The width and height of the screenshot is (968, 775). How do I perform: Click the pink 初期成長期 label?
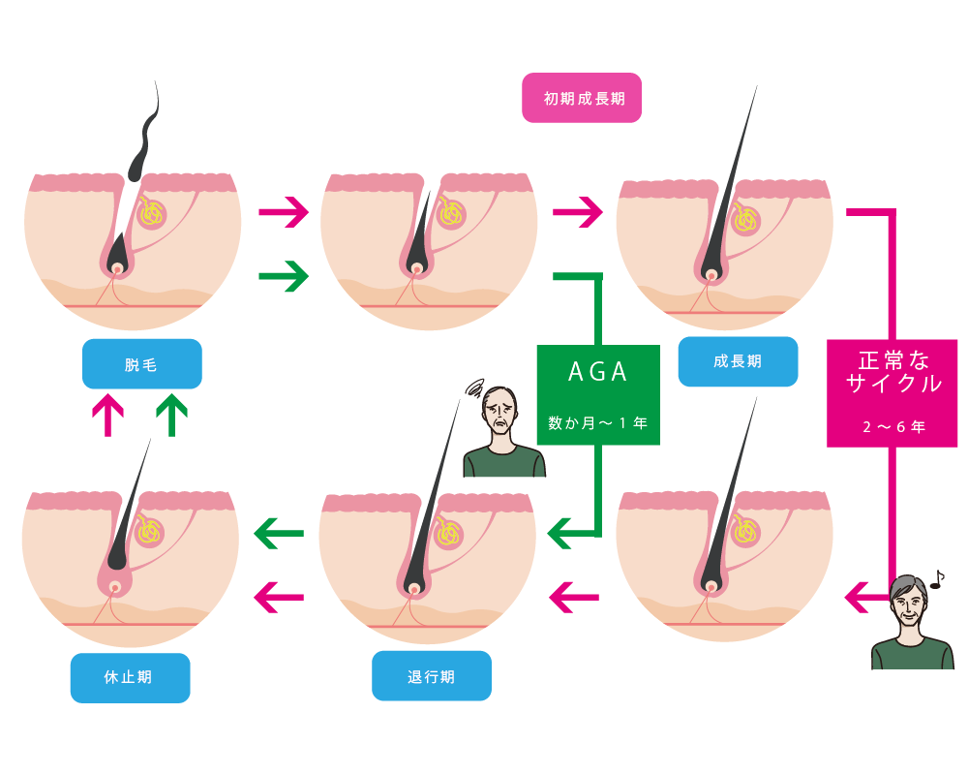point(582,98)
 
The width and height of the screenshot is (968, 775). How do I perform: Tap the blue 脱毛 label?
point(142,364)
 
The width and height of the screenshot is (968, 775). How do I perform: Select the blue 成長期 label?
point(738,361)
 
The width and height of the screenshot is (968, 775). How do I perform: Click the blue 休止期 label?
point(129,677)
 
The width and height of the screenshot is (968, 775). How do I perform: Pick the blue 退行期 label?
point(431,676)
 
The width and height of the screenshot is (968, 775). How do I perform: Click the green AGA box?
point(598,394)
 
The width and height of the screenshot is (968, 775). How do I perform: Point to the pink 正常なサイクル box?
point(892,392)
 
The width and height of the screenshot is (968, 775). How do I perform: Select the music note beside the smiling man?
point(936,579)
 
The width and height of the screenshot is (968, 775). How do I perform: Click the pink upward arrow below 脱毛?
point(107,415)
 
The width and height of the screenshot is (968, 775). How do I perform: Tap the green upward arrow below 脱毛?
point(171,414)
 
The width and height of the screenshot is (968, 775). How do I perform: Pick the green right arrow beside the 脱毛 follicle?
point(284,278)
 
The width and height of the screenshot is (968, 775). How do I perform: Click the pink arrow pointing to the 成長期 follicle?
point(578,212)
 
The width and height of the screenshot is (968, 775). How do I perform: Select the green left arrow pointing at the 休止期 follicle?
point(278,532)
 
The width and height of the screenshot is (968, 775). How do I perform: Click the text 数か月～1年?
point(598,423)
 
